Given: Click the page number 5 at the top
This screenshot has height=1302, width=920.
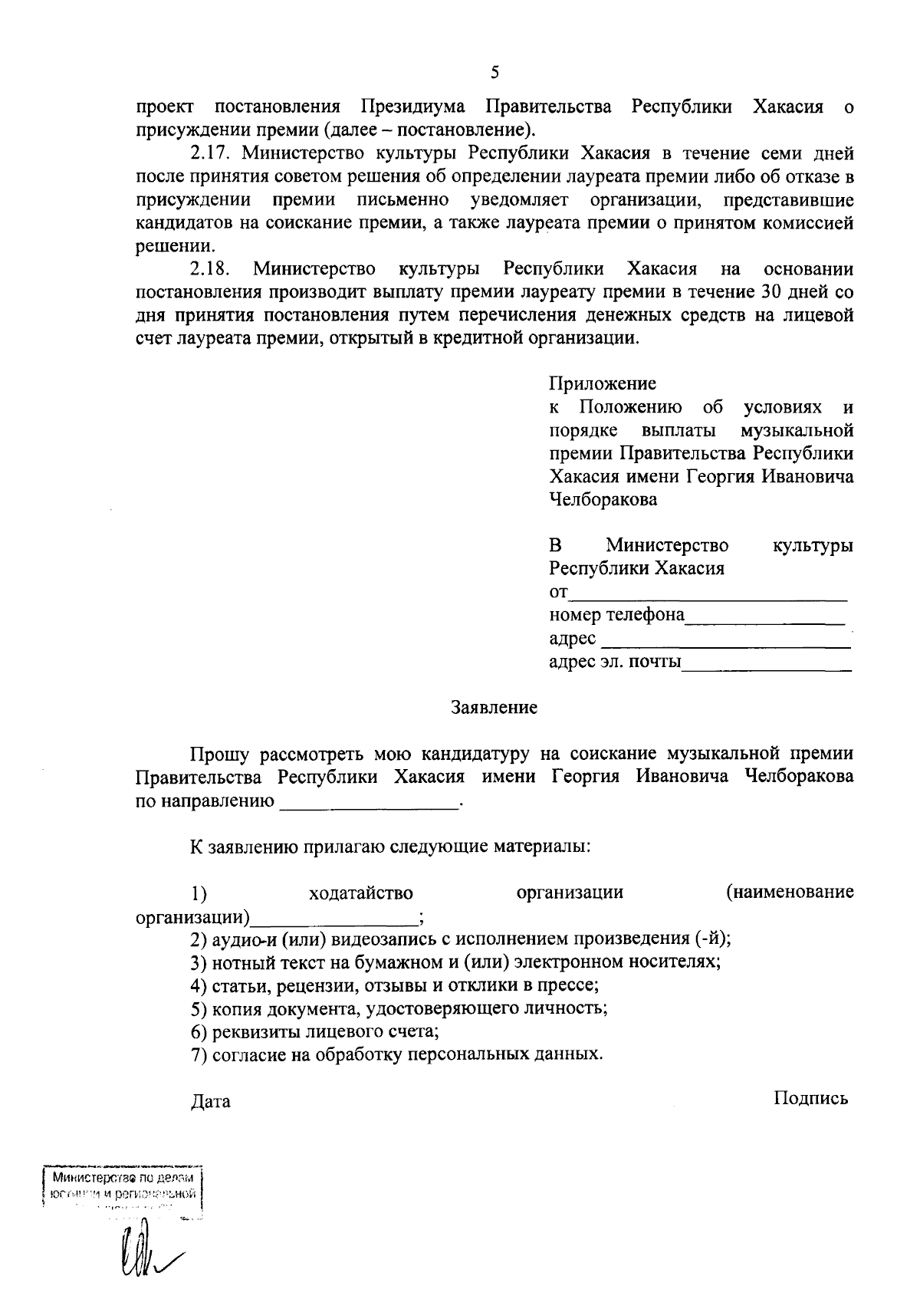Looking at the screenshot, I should coord(495,73).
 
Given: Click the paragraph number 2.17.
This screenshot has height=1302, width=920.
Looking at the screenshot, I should coord(208,153).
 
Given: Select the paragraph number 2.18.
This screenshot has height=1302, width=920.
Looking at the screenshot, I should coord(208,270).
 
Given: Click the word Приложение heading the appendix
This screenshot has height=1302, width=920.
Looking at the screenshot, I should coord(603,383).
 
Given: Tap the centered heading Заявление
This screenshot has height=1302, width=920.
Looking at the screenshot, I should coord(495,708).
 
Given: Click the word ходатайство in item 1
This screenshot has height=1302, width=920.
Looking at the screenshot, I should coord(361,893).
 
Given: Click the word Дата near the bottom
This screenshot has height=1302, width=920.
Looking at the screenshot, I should coord(210,1103).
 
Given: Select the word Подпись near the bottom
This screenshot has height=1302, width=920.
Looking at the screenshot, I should coord(811,1099).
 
